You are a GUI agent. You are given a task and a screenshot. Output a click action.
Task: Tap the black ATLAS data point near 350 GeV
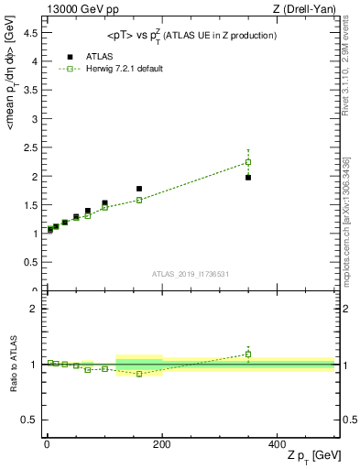(x=248, y=177)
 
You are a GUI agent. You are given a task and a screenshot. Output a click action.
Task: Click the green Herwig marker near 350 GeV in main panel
(x=248, y=162)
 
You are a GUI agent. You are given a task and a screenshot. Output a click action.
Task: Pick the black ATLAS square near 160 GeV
(x=139, y=189)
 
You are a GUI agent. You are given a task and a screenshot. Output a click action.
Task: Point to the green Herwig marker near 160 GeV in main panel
(x=139, y=200)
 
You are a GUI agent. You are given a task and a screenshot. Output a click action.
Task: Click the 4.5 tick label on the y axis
(x=28, y=32)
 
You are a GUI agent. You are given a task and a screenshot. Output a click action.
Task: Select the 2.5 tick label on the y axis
(x=28, y=147)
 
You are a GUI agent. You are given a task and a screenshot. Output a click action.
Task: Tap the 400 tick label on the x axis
(x=277, y=442)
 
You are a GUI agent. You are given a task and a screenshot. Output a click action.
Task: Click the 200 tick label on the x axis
(x=162, y=442)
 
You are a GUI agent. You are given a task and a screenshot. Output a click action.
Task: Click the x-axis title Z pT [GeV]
(x=312, y=455)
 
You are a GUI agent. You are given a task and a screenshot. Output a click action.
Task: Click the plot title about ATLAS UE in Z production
(x=188, y=35)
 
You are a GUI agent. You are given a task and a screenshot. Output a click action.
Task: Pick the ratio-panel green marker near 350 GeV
(x=248, y=354)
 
